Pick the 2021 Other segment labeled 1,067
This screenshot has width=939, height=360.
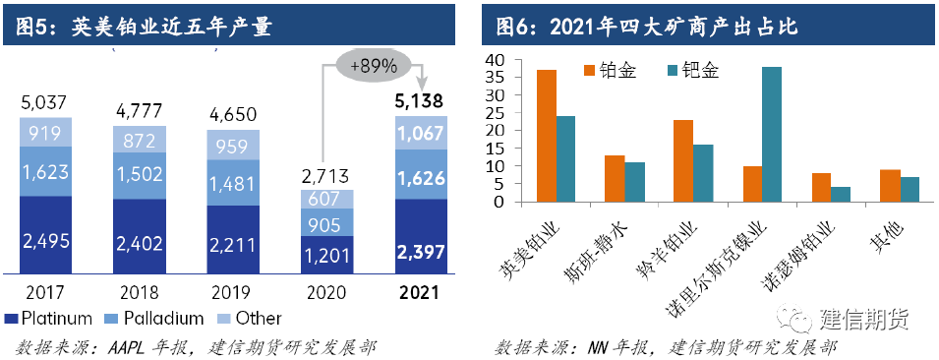coord(421,133)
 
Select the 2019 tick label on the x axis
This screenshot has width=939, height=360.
coord(234,293)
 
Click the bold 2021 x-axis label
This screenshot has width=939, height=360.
coord(421,293)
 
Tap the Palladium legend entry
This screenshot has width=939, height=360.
coord(153,318)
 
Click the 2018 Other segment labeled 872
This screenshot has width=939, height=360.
coord(140,141)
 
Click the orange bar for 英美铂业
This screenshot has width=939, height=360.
coord(547,136)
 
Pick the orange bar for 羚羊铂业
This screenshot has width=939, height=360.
coord(683,160)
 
